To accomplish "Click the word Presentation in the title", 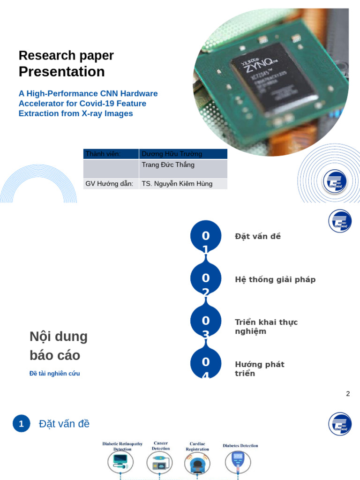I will pyautogui.click(x=61, y=72).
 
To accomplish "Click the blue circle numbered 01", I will pyautogui.click(x=206, y=236).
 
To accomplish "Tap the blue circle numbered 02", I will pyautogui.click(x=206, y=278).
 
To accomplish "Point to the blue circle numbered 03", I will pyautogui.click(x=206, y=321).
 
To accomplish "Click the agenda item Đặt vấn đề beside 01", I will pyautogui.click(x=258, y=236).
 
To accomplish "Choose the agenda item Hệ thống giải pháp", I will pyautogui.click(x=275, y=279).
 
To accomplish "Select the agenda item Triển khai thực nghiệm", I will pyautogui.click(x=266, y=327).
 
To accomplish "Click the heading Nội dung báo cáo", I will pyautogui.click(x=59, y=346).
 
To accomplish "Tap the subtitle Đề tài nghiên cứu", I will pyautogui.click(x=55, y=374).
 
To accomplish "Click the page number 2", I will pyautogui.click(x=348, y=394).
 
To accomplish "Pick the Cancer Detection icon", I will pyautogui.click(x=159, y=463).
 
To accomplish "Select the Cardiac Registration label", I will pyautogui.click(x=197, y=446).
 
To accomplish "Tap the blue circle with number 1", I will pyautogui.click(x=21, y=424).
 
